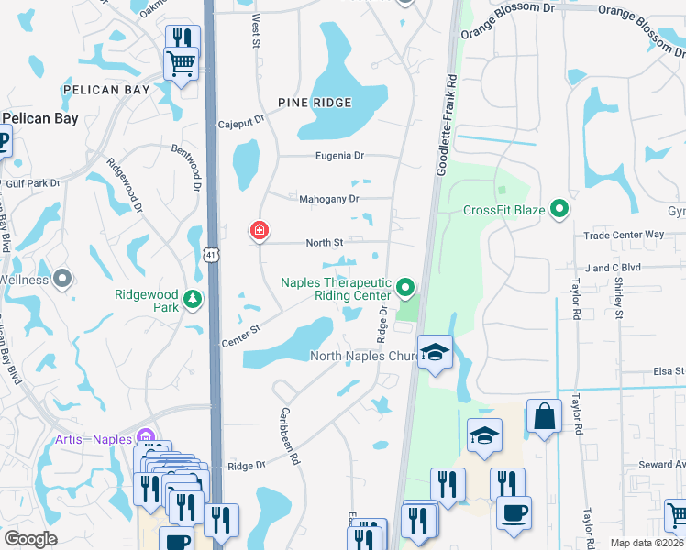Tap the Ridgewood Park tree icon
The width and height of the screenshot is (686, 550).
pyautogui.click(x=193, y=300)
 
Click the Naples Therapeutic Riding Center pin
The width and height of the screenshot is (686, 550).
pyautogui.click(x=404, y=291)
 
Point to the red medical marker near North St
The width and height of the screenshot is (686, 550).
pyautogui.click(x=260, y=231)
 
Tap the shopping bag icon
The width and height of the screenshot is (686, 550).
pyautogui.click(x=544, y=416)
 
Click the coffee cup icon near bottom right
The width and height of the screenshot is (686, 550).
pyautogui.click(x=514, y=511)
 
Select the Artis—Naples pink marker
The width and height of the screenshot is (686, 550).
pyautogui.click(x=144, y=438)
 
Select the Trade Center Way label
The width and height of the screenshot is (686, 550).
pyautogui.click(x=628, y=235)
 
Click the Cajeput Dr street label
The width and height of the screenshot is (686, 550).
pyautogui.click(x=241, y=121)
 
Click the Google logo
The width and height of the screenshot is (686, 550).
pyautogui.click(x=30, y=539)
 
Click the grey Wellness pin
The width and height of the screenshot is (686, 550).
pyautogui.click(x=62, y=279)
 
